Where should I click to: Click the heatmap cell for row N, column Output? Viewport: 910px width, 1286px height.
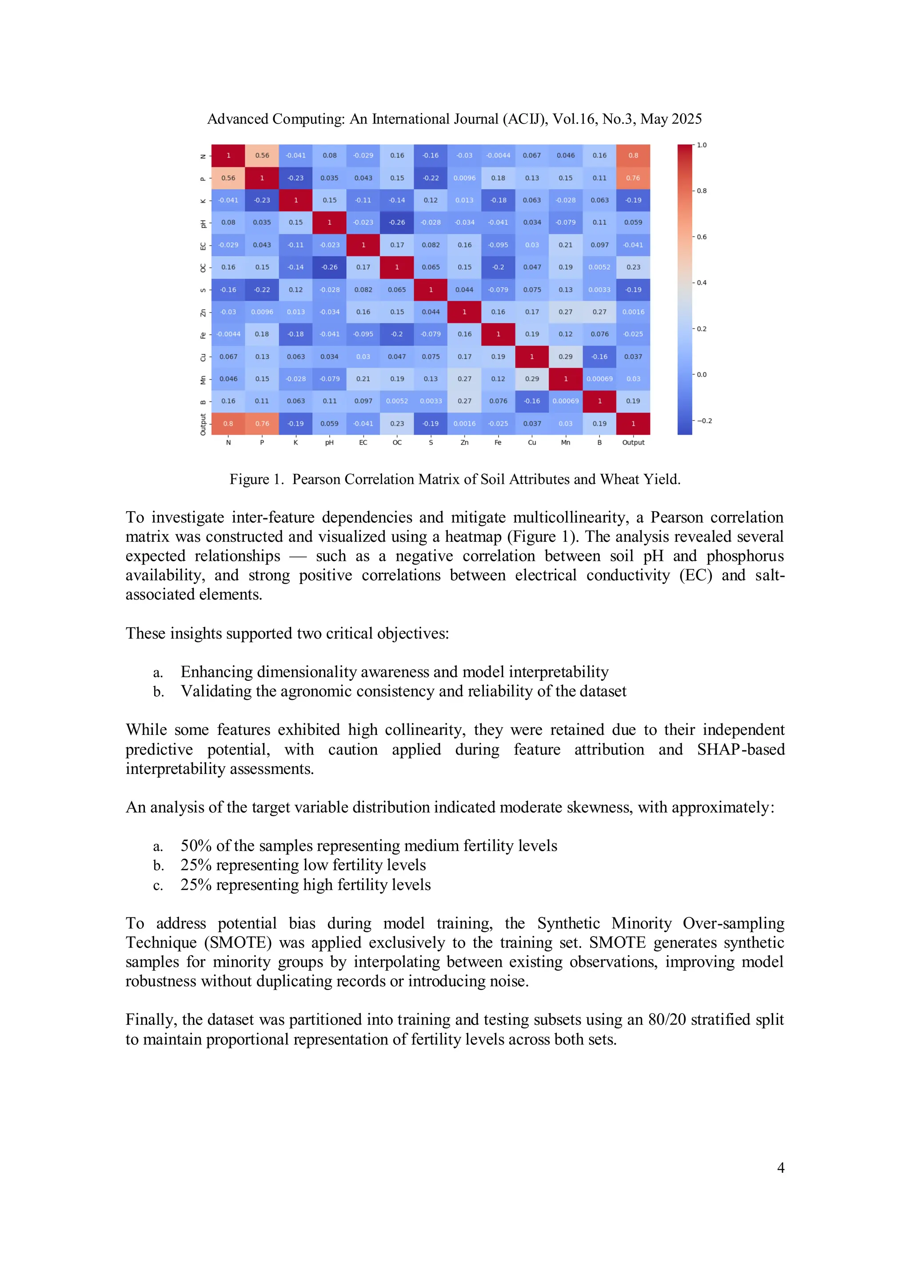pos(633,156)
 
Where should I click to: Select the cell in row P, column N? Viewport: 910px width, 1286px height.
pos(228,178)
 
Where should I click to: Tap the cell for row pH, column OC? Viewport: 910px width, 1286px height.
pos(397,222)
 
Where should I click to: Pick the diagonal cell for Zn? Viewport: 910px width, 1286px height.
pos(464,312)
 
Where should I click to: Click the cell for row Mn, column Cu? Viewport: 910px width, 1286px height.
pos(532,379)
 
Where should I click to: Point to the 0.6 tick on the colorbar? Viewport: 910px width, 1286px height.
pos(701,237)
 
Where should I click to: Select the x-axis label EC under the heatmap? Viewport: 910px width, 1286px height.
pos(363,442)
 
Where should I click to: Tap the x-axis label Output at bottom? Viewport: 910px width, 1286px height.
pos(633,442)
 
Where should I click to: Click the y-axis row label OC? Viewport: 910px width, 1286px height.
pos(203,268)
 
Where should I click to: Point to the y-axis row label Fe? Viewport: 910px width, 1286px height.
pos(203,335)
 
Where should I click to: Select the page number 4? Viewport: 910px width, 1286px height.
pos(781,1168)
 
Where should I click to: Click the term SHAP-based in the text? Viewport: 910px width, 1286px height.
pos(740,750)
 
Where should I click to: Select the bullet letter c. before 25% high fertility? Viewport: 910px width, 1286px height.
pos(158,885)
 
